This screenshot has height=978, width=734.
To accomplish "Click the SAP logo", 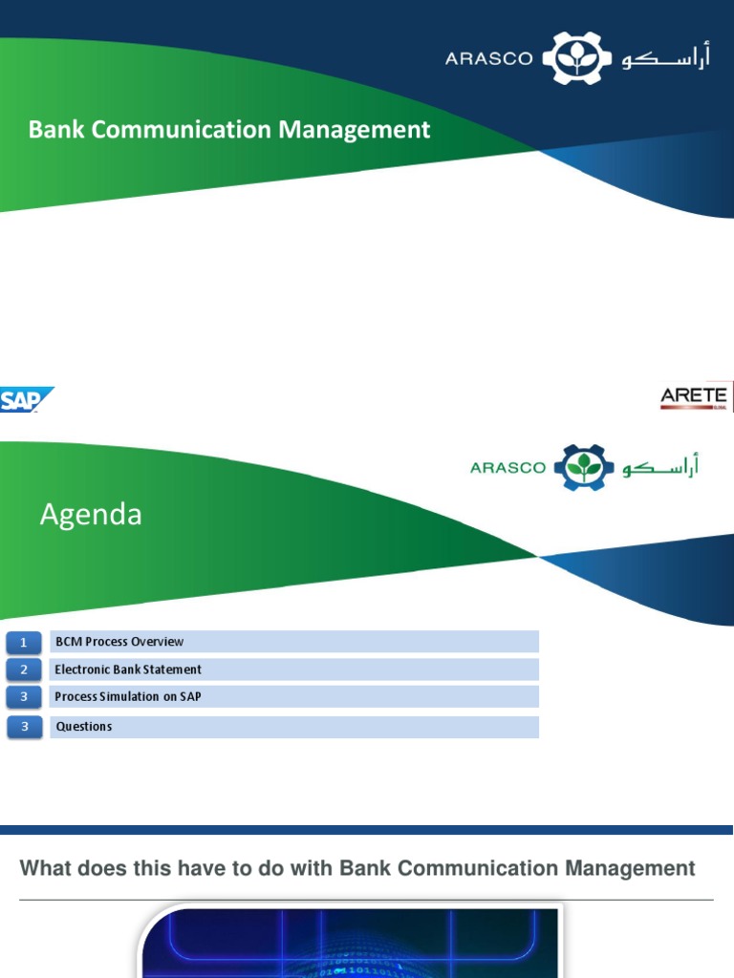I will [x=26, y=399].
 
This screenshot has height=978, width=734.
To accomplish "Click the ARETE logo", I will [x=694, y=396].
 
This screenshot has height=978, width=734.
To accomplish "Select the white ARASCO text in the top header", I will [x=487, y=59].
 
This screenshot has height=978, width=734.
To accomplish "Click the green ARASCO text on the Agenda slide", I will [x=508, y=468].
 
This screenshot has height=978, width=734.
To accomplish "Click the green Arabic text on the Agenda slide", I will [x=660, y=467].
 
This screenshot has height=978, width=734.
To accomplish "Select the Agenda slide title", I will [x=91, y=515].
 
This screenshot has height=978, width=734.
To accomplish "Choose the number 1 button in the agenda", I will [x=24, y=642].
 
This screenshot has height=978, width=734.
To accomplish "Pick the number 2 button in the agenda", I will [x=24, y=670].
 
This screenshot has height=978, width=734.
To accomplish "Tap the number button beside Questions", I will [x=24, y=728].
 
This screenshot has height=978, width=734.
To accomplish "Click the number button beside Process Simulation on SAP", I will [x=24, y=697].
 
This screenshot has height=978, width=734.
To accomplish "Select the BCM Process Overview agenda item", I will [x=119, y=642].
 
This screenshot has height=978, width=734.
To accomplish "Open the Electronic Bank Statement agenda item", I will [x=128, y=670].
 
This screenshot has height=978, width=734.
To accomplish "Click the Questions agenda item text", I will [x=83, y=727].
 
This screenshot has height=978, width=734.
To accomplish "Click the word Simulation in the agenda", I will [x=136, y=697].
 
